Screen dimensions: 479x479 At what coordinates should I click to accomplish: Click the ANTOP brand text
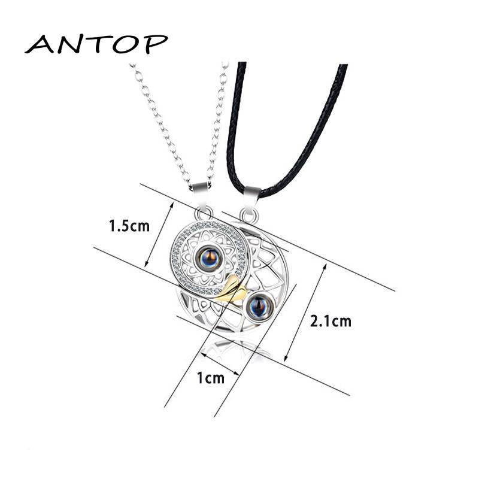pyautogui.click(x=96, y=44)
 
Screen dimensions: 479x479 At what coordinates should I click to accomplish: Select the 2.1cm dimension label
pyautogui.click(x=331, y=322)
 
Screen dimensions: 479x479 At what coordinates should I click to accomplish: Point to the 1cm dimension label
pyautogui.click(x=210, y=378)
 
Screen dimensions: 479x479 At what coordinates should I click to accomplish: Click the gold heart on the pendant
pyautogui.click(x=232, y=290)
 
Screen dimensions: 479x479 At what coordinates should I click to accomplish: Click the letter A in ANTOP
pyautogui.click(x=41, y=44)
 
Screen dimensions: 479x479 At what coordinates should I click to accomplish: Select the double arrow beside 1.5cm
pyautogui.click(x=160, y=234)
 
